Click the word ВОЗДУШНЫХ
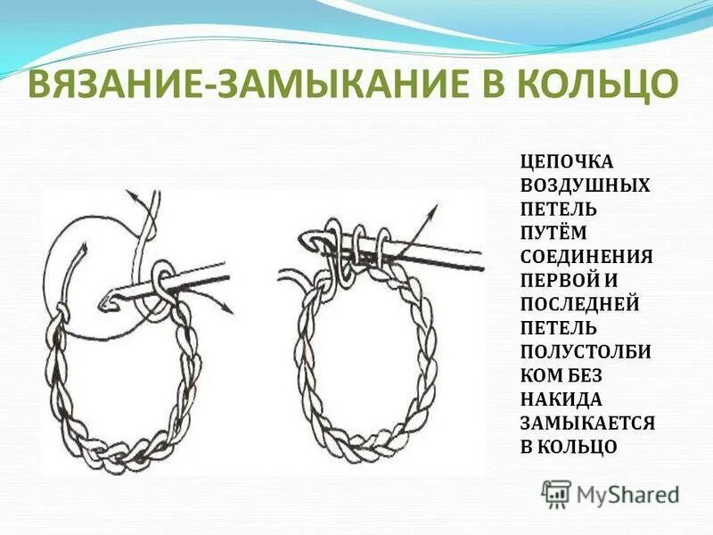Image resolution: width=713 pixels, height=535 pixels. pyautogui.click(x=585, y=186)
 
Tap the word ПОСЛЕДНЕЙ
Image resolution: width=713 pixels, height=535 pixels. pyautogui.click(x=579, y=304)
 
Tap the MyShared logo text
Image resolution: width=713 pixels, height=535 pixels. pyautogui.click(x=627, y=493)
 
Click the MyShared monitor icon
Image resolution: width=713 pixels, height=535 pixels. pyautogui.click(x=557, y=491)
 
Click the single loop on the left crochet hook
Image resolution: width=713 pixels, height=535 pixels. pyautogui.click(x=162, y=277)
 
